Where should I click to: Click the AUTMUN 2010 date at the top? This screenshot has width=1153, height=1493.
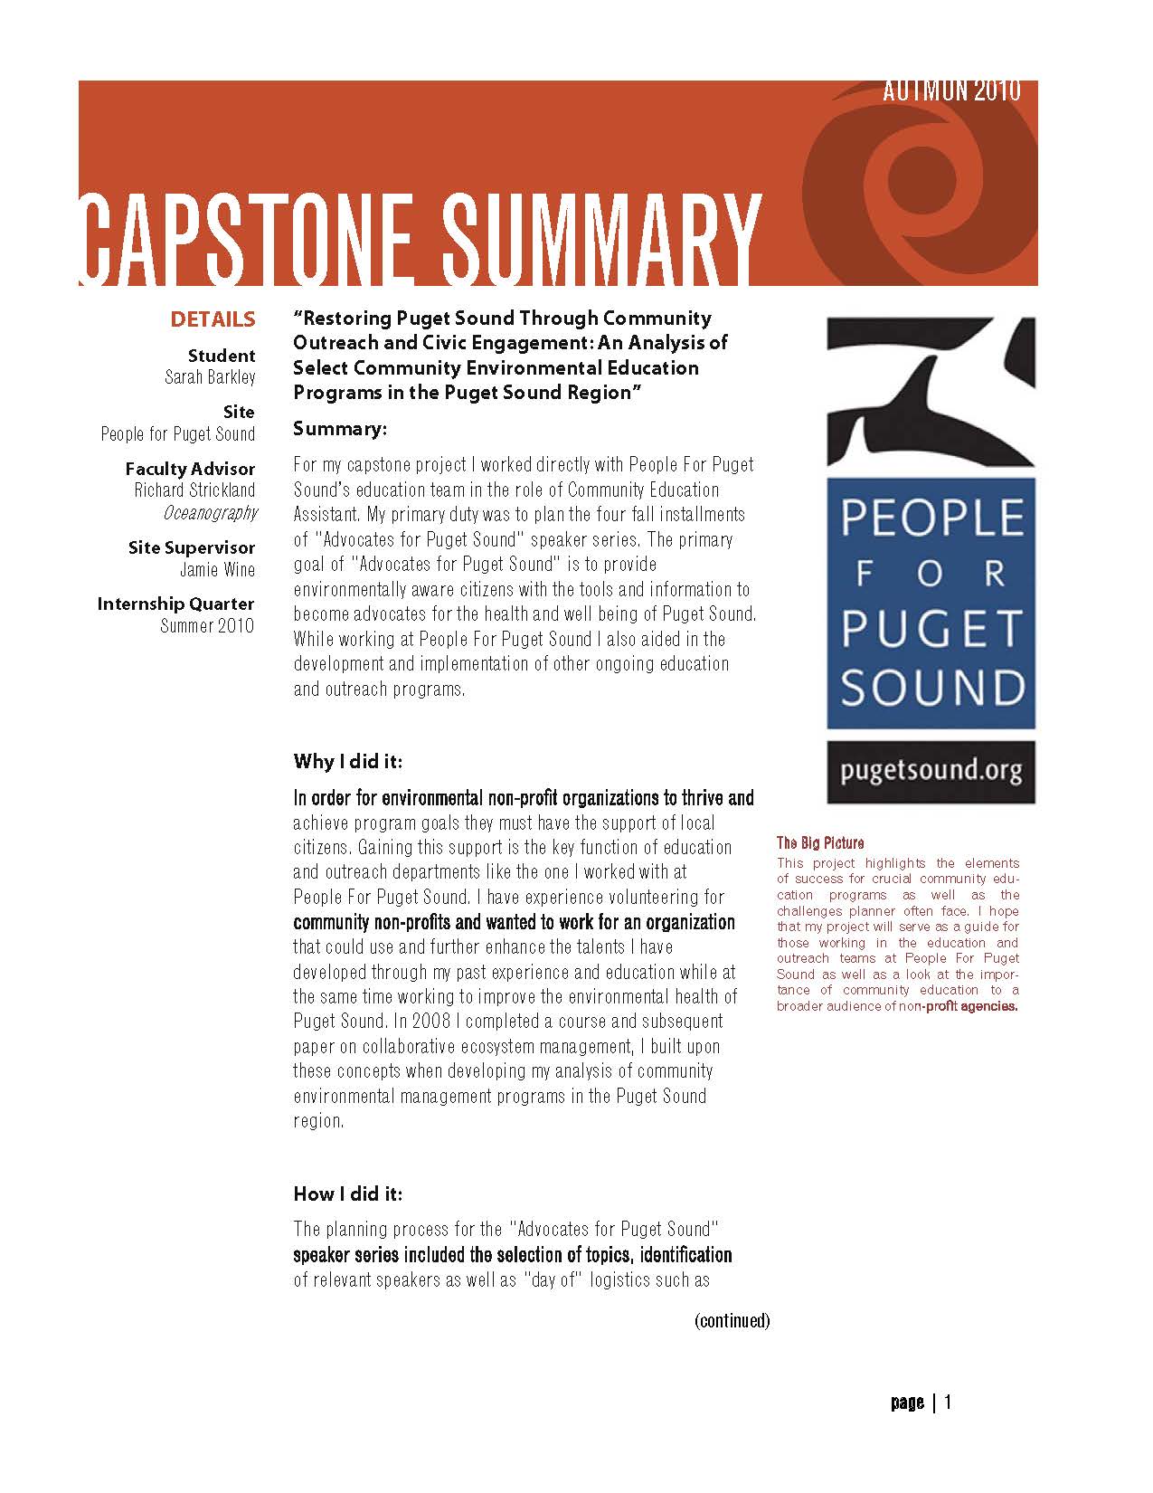[951, 91]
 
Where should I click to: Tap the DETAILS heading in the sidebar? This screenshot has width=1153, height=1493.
[213, 319]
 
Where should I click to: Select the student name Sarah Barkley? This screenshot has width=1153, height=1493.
[210, 377]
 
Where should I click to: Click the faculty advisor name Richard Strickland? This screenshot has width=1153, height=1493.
[194, 490]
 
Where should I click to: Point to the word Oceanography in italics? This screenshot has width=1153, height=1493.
[210, 513]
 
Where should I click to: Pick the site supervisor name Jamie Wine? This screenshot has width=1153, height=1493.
[217, 570]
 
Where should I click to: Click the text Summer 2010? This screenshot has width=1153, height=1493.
[207, 626]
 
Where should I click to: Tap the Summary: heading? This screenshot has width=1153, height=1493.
[340, 429]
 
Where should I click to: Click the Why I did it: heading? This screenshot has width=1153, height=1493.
[347, 761]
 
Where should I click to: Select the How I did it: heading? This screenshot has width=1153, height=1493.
[347, 1194]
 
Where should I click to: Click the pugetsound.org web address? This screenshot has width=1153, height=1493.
[931, 772]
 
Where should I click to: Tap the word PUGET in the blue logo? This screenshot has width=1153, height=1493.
[931, 630]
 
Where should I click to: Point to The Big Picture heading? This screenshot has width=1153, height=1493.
[820, 843]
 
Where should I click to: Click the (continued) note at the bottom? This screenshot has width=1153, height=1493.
[732, 1320]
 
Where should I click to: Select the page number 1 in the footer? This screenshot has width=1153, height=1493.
[948, 1403]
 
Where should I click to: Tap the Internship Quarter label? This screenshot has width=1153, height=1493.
[176, 604]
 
